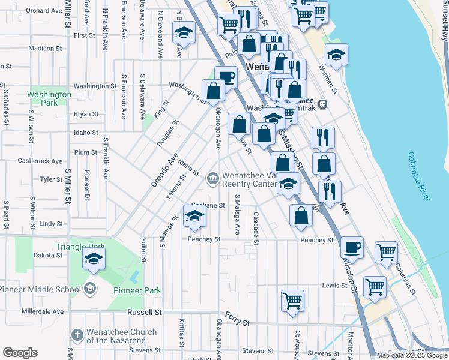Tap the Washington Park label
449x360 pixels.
pyautogui.click(x=50, y=98)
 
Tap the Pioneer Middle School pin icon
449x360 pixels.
pyautogui.click(x=91, y=287)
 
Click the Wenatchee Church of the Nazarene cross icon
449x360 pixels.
pyautogui.click(x=77, y=334)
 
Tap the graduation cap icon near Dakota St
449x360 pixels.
pyautogui.click(x=94, y=259)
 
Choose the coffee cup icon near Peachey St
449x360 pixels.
pyautogui.click(x=352, y=247)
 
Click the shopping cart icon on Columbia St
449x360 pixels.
pyautogui.click(x=386, y=252)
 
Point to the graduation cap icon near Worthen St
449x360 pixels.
pyautogui.click(x=337, y=55)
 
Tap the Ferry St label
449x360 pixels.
pyautogui.click(x=237, y=319)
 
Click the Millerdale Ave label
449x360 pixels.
pyautogui.click(x=42, y=312)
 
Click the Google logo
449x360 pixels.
pyautogui.click(x=20, y=353)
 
